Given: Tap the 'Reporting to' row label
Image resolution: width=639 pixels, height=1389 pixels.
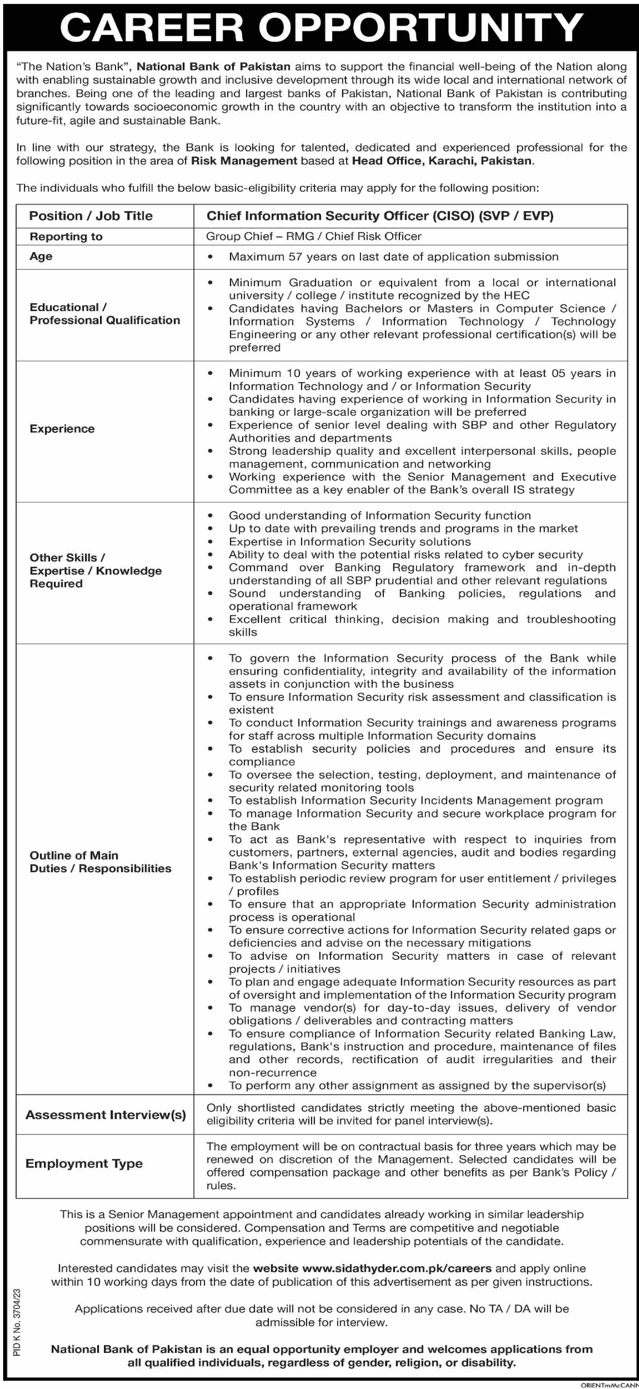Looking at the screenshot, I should click(x=66, y=236).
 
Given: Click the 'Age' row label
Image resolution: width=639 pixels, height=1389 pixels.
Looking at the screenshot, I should click(x=41, y=256).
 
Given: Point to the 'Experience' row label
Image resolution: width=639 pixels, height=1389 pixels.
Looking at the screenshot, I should click(x=62, y=429).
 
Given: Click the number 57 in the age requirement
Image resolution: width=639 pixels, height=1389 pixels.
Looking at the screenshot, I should click(x=295, y=256).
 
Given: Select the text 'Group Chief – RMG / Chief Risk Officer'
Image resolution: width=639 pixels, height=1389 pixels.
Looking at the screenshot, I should click(x=313, y=236).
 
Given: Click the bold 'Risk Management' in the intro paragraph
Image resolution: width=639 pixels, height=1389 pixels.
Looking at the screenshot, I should click(x=244, y=160).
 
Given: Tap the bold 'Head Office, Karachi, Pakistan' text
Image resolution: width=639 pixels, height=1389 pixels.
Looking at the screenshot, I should click(x=442, y=160).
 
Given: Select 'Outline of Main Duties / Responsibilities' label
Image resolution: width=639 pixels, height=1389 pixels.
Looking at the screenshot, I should click(x=100, y=861).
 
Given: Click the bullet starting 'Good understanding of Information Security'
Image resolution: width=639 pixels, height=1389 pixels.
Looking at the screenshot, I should click(x=380, y=515).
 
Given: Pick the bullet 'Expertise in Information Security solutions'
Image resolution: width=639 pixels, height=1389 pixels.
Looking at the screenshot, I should click(x=349, y=541).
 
